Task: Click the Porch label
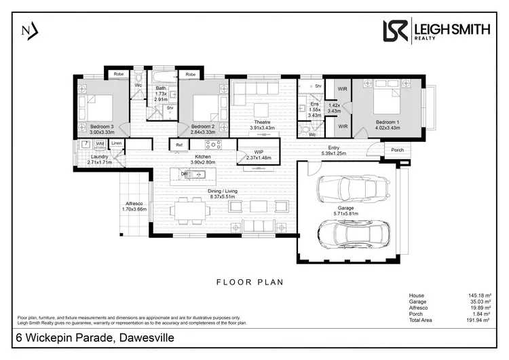coord(397,150)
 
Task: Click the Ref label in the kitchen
coord(179,144)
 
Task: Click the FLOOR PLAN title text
coord(250,281)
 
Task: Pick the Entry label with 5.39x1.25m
coord(333,151)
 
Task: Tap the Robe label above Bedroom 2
coord(191,73)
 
